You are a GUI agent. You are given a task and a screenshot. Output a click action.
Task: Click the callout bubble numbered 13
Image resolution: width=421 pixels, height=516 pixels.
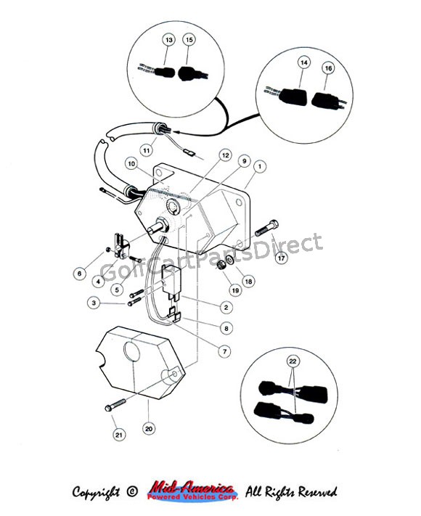169,40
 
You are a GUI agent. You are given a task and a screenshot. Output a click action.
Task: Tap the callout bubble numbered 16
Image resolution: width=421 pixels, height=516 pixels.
328,68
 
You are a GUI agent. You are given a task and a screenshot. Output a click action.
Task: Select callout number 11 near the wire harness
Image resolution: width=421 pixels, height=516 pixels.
147,150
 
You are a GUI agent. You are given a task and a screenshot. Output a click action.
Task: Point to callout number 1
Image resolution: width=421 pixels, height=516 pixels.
260,166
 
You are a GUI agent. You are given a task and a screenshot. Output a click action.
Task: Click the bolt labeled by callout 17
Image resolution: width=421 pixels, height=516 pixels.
266,228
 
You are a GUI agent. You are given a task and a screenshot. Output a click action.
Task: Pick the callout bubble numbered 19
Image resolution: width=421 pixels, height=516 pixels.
235,290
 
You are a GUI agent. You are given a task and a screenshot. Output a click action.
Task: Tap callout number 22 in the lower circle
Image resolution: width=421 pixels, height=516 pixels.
293,361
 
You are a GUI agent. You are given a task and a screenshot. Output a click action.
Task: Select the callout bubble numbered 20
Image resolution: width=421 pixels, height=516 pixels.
149,428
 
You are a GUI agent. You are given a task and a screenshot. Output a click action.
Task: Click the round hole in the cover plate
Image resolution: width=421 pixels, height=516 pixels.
132,352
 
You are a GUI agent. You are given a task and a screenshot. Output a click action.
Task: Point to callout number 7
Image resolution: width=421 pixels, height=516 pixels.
225,351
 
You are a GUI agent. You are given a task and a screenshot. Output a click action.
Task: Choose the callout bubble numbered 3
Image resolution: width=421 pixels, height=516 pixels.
94,303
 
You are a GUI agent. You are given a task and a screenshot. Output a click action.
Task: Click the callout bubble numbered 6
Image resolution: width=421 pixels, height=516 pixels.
79,273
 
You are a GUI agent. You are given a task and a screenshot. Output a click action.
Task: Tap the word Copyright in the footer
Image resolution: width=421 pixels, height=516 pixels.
96,493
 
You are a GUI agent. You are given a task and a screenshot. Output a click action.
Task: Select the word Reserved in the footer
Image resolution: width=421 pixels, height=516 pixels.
317,492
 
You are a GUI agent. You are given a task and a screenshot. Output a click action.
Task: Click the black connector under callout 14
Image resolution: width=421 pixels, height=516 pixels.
293,97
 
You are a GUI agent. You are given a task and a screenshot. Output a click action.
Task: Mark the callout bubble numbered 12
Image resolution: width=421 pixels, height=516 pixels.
225,155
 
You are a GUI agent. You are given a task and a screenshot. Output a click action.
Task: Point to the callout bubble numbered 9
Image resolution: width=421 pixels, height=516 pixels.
244,161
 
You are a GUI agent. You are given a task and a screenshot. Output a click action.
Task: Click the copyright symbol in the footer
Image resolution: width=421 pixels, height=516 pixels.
131,492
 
